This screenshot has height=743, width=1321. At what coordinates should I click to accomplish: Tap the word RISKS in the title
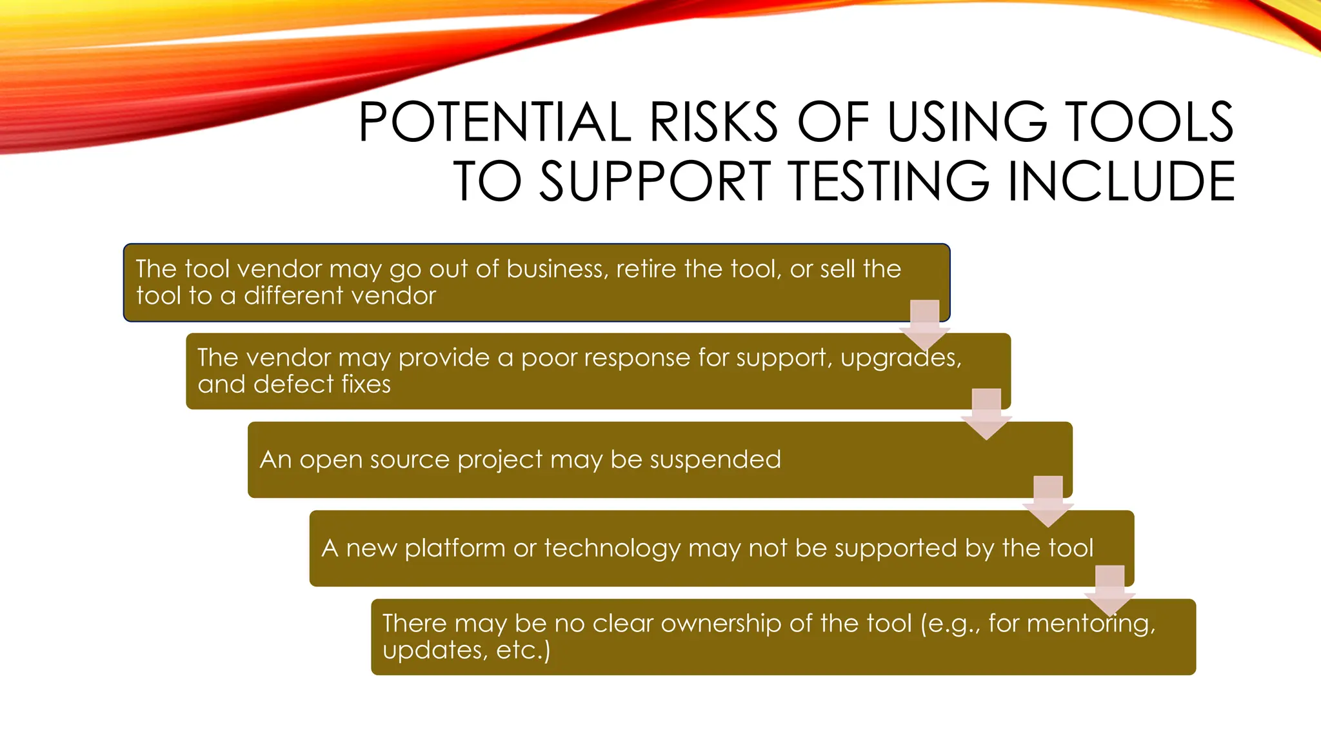tap(714, 122)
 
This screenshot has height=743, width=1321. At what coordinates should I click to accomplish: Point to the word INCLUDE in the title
tap(1121, 181)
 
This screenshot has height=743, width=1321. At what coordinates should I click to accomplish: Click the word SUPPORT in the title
tap(655, 181)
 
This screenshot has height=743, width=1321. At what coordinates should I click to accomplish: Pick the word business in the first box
tap(557, 269)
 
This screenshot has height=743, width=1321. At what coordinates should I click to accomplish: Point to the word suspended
tap(715, 460)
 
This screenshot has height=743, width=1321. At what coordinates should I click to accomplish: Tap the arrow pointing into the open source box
tap(986, 413)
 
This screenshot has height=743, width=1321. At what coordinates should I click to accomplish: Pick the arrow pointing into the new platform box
tap(1048, 500)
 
